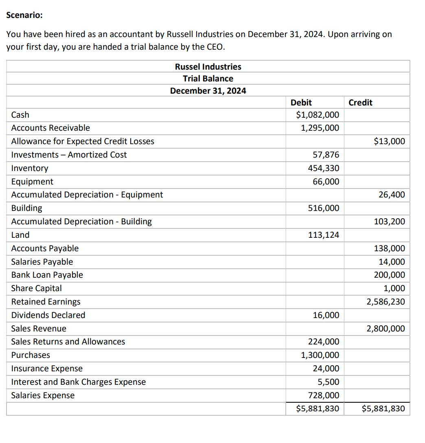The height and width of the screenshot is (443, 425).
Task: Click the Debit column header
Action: coord(301,103)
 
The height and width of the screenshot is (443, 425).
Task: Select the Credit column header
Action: coord(360,103)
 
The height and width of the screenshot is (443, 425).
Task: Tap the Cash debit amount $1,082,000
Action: coord(318,115)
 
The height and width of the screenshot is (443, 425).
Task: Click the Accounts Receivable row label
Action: coord(50,128)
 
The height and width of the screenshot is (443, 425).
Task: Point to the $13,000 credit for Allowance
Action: coord(390,141)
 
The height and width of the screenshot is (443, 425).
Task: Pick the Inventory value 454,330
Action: coord(326,168)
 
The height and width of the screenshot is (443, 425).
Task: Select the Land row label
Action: coord(20,235)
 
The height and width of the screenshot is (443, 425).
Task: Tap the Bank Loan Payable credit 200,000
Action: coord(390,275)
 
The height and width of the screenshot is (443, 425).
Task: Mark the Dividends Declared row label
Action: coord(48,315)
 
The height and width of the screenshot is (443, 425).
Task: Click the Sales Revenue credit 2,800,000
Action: coord(386,329)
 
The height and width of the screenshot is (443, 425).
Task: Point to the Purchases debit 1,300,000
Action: coord(320,355)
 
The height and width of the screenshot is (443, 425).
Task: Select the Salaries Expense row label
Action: coord(43,395)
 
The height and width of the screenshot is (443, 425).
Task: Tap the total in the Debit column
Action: coord(318,408)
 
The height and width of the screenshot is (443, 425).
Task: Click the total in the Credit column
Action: coord(383,408)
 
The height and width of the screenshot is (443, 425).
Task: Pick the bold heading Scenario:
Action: coord(24,15)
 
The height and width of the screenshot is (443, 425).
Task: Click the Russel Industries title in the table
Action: coord(208,67)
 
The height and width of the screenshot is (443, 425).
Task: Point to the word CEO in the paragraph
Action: coord(215,46)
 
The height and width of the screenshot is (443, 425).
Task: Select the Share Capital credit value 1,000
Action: coord(394,288)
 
